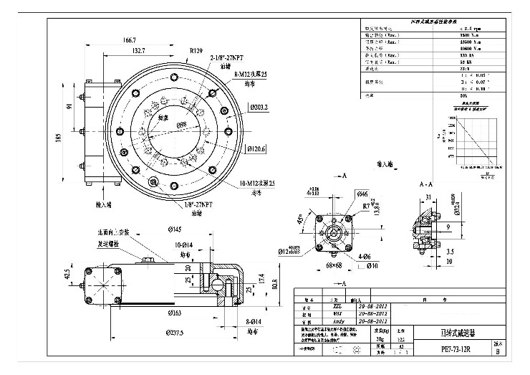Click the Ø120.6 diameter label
(x=256, y=149)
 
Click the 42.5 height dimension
(x=67, y=275)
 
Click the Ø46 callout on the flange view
(x=362, y=194)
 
